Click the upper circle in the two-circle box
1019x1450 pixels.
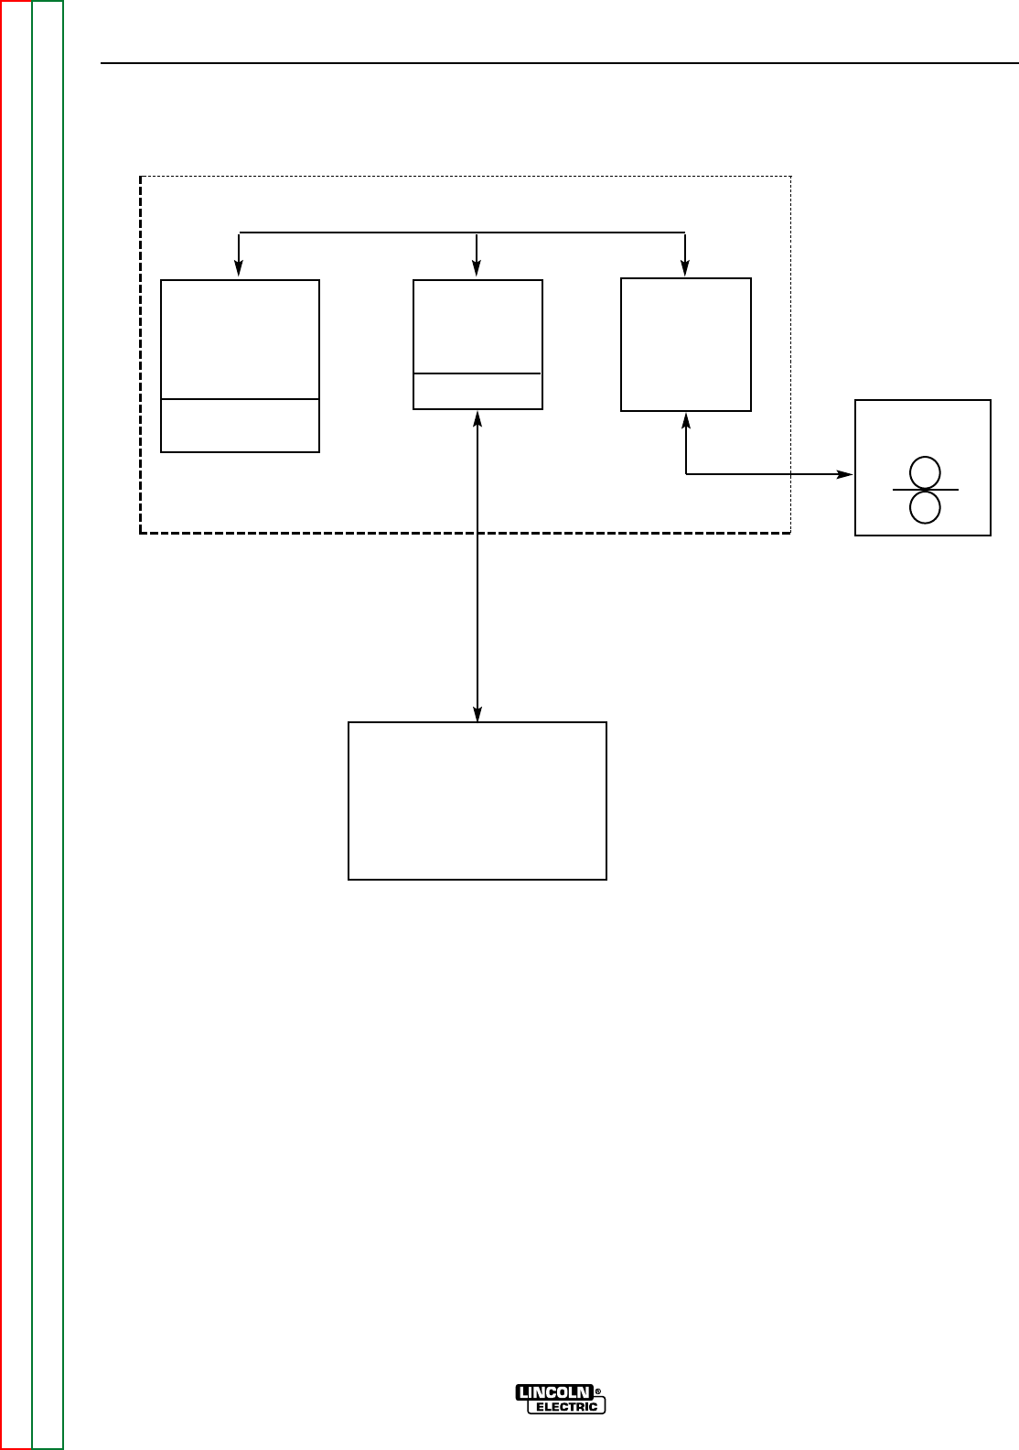pos(926,472)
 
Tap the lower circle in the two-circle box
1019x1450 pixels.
pos(926,507)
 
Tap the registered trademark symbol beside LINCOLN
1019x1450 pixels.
pos(598,1392)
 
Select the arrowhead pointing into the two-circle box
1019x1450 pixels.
pos(846,474)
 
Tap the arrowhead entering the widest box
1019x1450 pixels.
pos(477,715)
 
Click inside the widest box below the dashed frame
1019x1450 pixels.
pos(477,801)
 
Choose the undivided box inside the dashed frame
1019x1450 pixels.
pos(686,344)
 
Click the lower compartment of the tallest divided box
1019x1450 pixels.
pos(240,425)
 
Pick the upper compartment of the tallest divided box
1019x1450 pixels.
pos(240,339)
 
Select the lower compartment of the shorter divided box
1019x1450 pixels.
pos(477,391)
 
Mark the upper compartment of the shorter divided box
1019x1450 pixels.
pos(477,327)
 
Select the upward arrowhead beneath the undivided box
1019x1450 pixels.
pos(686,419)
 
